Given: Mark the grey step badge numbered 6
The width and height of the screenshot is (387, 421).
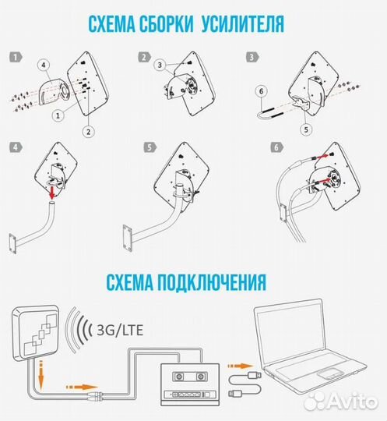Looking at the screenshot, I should click(273, 147).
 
